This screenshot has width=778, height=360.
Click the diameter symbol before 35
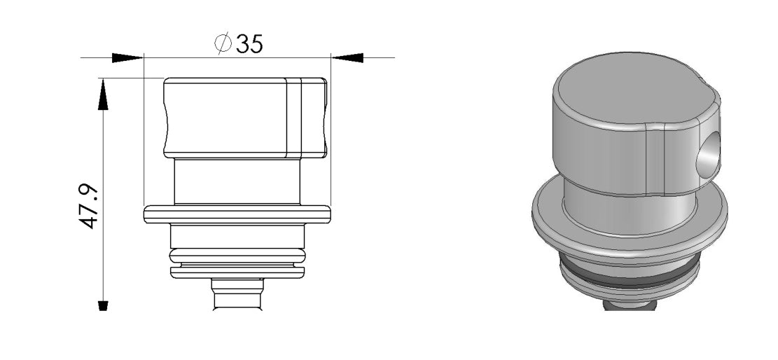[x=223, y=43]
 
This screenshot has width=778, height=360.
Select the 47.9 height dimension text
[x=89, y=207]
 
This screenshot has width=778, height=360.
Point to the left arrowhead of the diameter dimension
[x=127, y=57]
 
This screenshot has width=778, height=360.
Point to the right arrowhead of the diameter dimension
[x=347, y=57]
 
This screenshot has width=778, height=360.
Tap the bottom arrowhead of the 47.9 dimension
[x=103, y=305]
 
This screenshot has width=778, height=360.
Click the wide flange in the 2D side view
[x=237, y=214]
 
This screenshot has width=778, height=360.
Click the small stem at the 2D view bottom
[x=238, y=294]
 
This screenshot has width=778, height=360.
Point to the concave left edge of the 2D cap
[x=167, y=117]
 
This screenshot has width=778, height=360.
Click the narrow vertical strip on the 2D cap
[x=294, y=117]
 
